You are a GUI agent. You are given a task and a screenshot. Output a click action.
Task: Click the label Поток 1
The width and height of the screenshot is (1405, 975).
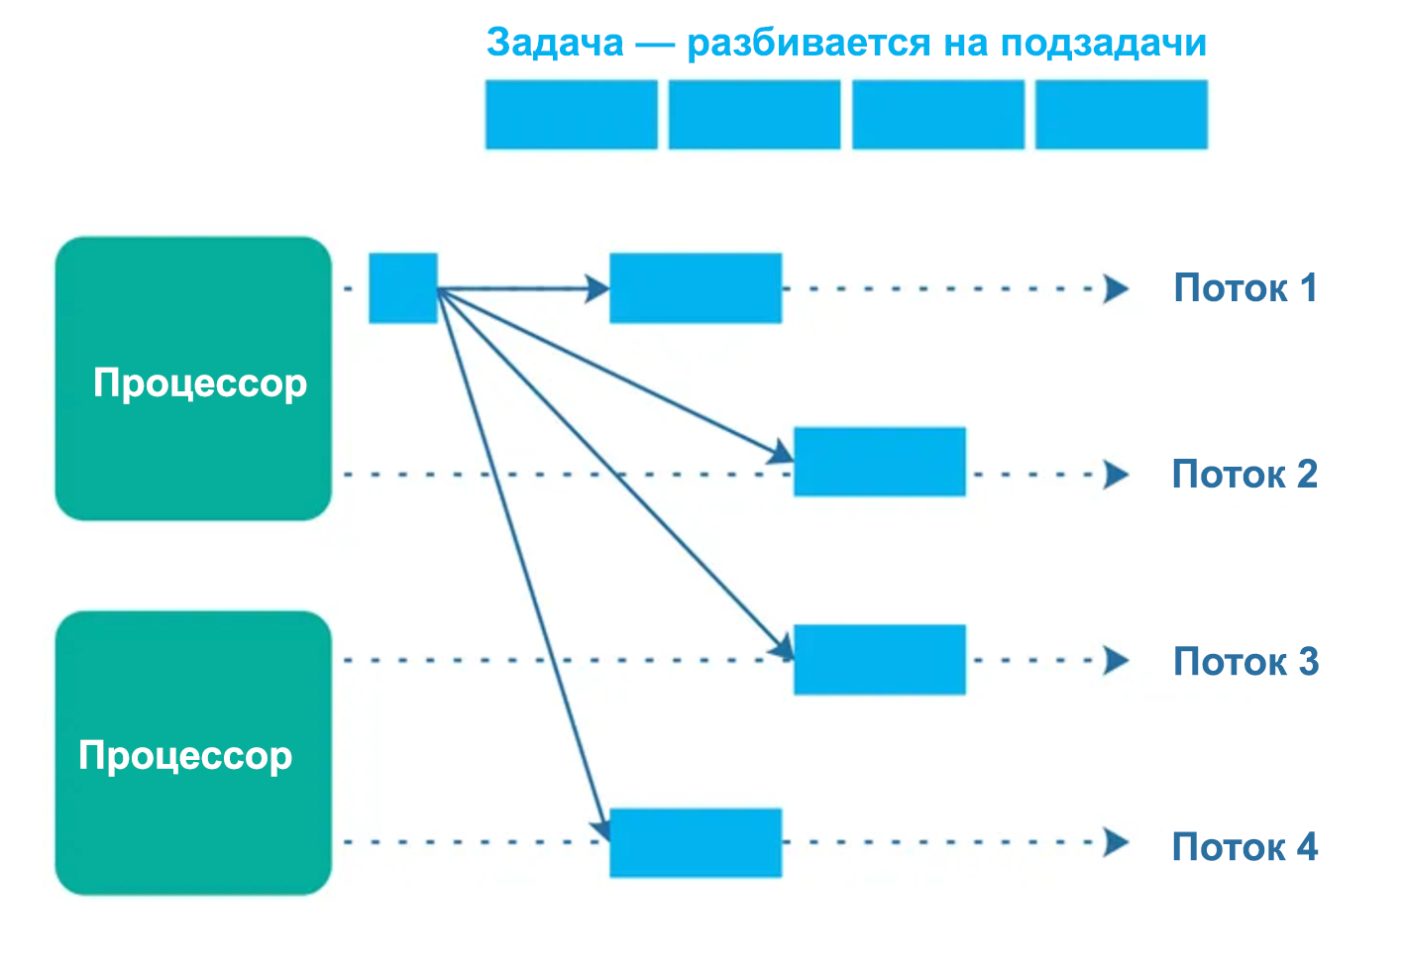(1244, 288)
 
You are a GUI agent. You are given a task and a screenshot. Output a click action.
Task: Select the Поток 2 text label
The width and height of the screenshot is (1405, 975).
(1244, 475)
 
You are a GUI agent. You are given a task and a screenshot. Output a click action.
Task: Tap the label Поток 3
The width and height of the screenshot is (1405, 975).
(1245, 661)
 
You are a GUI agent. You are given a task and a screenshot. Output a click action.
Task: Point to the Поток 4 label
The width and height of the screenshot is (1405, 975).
(1244, 847)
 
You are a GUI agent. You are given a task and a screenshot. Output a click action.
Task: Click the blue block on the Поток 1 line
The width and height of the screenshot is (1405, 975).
(695, 288)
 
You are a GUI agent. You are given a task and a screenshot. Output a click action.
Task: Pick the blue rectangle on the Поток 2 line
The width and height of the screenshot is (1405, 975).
(879, 462)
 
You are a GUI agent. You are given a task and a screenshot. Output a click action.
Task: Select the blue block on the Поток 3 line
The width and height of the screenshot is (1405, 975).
(879, 659)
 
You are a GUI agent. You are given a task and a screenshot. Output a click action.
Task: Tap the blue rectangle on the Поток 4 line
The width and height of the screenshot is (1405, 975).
(695, 842)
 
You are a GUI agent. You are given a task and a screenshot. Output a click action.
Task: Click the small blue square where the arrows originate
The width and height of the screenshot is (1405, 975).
(402, 288)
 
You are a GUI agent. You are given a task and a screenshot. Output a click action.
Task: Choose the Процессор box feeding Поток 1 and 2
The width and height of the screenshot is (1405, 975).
(193, 379)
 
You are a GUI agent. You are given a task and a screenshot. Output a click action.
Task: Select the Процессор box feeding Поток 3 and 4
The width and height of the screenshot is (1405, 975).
(193, 753)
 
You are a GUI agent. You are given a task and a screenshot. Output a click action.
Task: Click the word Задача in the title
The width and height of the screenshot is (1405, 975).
(555, 43)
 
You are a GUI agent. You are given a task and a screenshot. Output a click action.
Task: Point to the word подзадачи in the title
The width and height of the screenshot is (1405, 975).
(1103, 43)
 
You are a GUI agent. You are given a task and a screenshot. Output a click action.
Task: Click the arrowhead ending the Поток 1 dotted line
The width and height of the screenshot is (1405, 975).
(1117, 288)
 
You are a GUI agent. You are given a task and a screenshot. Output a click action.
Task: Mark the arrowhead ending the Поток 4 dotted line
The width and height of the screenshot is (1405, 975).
(1117, 842)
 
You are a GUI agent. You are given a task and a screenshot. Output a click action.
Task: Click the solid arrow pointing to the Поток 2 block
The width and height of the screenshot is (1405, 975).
(614, 376)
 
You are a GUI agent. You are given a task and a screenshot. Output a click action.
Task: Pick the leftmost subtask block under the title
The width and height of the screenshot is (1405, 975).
(571, 115)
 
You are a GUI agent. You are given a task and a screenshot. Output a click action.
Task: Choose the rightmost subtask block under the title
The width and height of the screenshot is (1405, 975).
(1121, 115)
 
